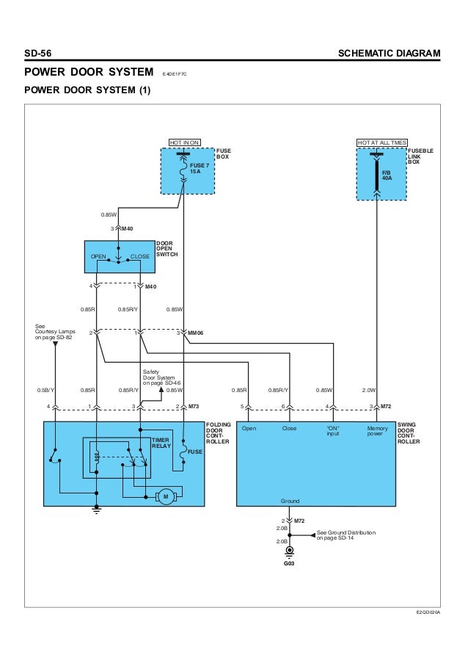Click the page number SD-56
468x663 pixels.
(38, 54)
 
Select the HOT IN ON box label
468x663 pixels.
(184, 142)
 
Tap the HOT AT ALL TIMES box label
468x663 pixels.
(382, 142)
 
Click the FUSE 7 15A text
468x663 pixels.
(200, 168)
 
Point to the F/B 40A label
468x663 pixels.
(387, 175)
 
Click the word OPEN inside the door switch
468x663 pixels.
(98, 256)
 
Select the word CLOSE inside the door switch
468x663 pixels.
(140, 256)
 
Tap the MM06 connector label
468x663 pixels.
(196, 333)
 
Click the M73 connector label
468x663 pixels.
(194, 406)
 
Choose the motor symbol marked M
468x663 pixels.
(166, 496)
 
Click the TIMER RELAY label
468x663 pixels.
(161, 443)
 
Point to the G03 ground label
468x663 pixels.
(289, 563)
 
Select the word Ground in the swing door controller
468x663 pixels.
(290, 501)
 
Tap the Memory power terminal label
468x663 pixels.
(377, 430)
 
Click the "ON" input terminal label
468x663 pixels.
(333, 430)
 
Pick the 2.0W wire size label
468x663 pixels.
(369, 390)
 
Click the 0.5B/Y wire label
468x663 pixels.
(45, 390)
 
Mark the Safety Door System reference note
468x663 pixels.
(162, 377)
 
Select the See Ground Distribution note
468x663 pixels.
(346, 535)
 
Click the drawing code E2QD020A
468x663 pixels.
(428, 612)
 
